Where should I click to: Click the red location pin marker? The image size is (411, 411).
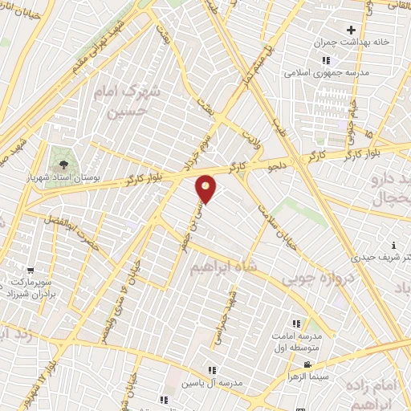click(x=206, y=189)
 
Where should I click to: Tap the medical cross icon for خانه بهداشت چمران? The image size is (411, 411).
click(x=352, y=30)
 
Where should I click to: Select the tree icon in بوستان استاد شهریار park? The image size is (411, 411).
click(x=63, y=157)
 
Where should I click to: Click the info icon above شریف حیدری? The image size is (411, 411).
click(x=393, y=245)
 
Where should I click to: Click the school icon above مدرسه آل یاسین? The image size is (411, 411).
click(x=212, y=370)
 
